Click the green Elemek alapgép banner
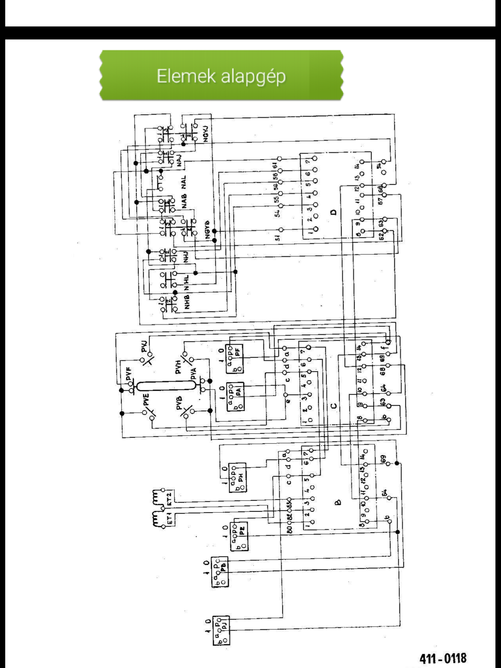(x=221, y=75)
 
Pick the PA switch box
(x=235, y=397)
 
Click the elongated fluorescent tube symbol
(x=166, y=386)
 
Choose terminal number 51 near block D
(x=278, y=238)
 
